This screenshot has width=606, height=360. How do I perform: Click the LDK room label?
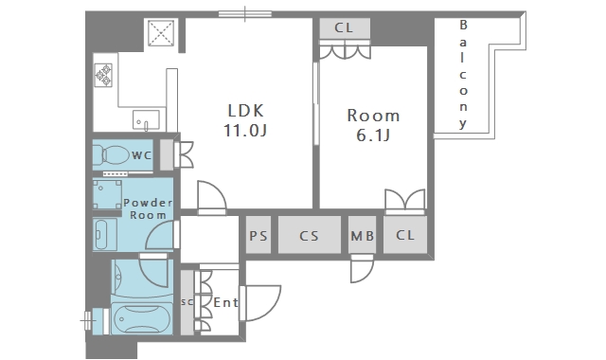click(x=246, y=111)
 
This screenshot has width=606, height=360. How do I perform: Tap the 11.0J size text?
click(x=245, y=131)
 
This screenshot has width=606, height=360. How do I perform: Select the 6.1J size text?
click(x=373, y=135)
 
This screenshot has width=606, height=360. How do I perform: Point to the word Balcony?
click(x=463, y=74)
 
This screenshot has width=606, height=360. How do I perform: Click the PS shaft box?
click(x=258, y=235)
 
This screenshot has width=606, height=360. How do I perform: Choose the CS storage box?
click(x=310, y=235)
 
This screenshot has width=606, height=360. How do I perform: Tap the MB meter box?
click(x=362, y=235)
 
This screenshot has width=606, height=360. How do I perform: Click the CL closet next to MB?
click(x=405, y=235)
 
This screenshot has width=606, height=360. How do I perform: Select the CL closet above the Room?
click(x=345, y=27)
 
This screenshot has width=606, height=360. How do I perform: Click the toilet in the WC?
click(x=112, y=154)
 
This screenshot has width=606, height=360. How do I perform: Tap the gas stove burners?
click(x=103, y=75)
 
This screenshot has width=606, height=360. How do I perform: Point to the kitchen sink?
click(x=146, y=120)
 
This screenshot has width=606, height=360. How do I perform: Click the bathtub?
click(x=142, y=319)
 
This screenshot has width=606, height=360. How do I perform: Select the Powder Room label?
click(x=148, y=208)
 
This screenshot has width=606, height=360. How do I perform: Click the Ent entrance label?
click(x=225, y=302)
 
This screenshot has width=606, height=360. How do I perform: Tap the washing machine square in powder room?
click(x=107, y=194)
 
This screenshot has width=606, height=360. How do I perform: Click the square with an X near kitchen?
click(x=161, y=33)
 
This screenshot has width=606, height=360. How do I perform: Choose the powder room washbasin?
click(x=104, y=234)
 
